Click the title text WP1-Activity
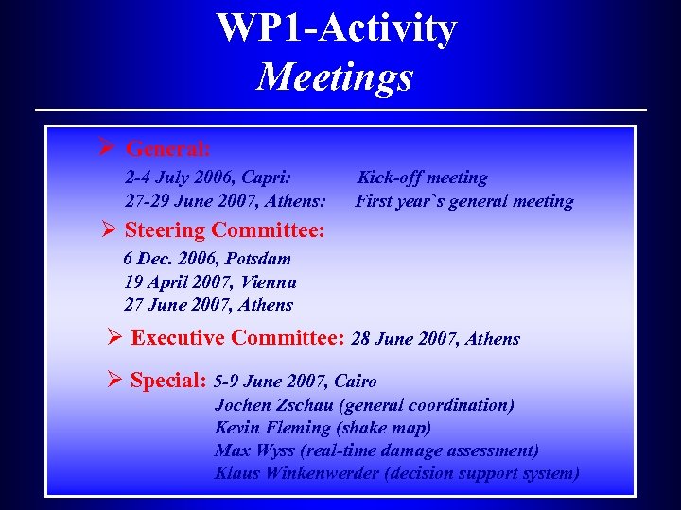[336, 28]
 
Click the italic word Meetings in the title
[336, 76]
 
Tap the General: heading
[168, 149]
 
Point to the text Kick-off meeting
[422, 178]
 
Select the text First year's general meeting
[464, 201]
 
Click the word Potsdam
[257, 259]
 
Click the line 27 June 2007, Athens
[208, 305]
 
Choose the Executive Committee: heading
[238, 338]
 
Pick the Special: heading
[169, 381]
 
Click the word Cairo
[356, 382]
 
